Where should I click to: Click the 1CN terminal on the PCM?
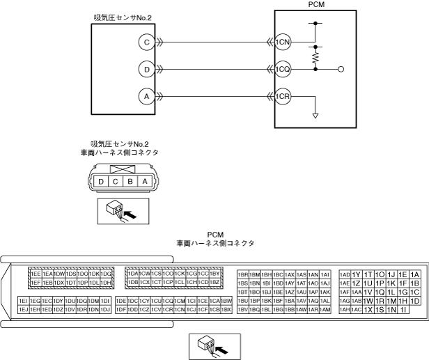[282, 42]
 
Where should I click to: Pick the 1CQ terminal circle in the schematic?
[282, 70]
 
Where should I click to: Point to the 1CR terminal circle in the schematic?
[282, 97]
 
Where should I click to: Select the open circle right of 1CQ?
[340, 70]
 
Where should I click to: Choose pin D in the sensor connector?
[102, 182]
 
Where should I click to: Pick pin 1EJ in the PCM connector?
[24, 309]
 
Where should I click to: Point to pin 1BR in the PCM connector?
[243, 274]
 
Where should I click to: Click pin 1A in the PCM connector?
[415, 274]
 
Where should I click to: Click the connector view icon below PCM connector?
[215, 345]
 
